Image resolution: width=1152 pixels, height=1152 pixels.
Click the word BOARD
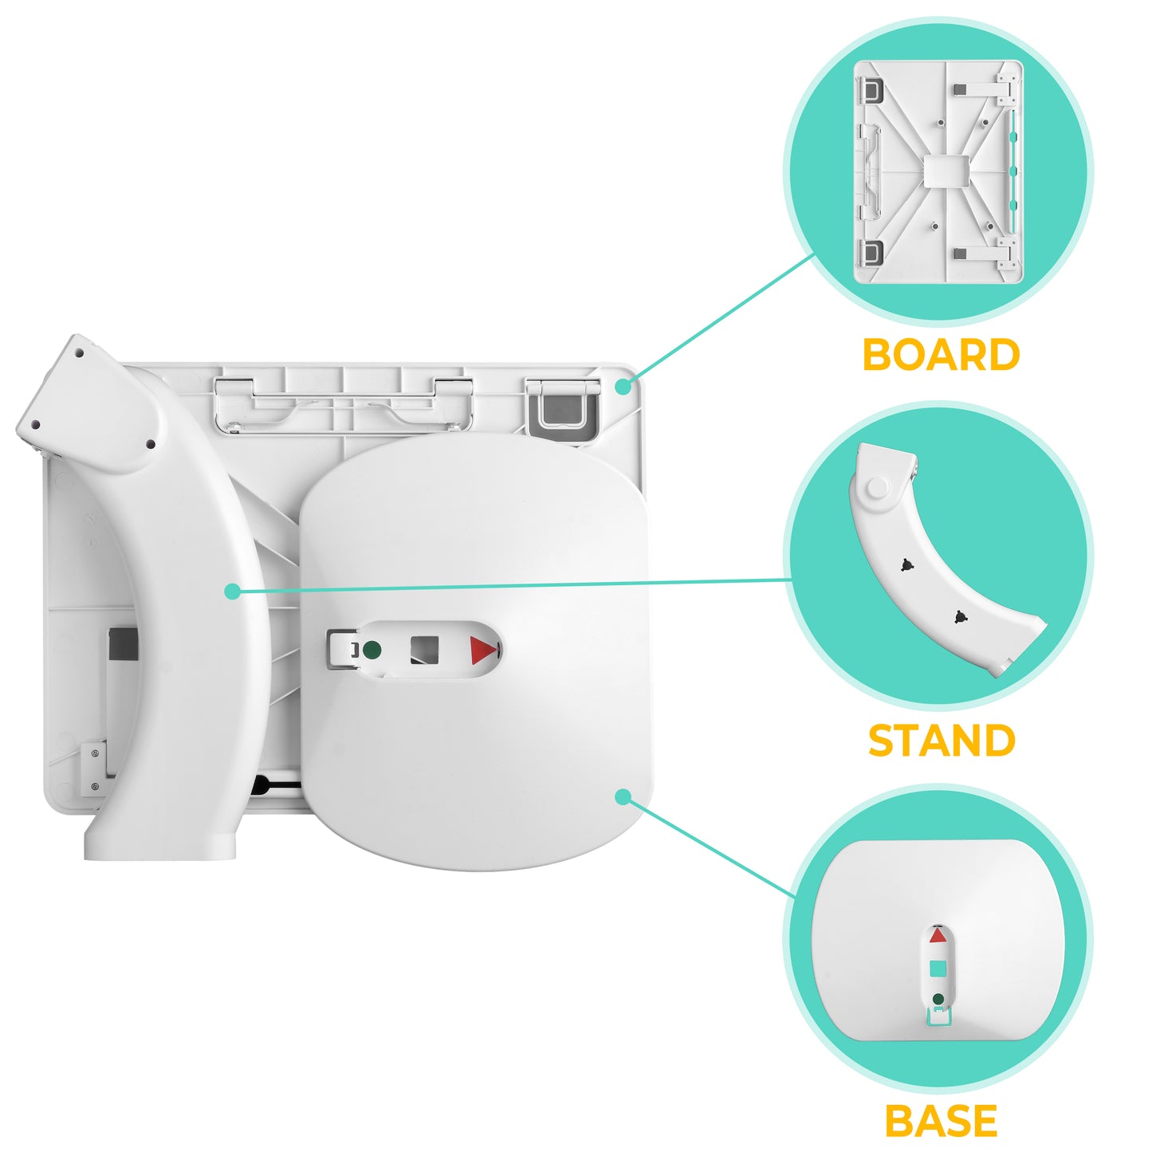pyautogui.click(x=941, y=355)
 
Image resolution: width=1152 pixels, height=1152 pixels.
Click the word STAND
pyautogui.click(x=942, y=740)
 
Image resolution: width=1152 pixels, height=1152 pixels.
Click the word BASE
pyautogui.click(x=941, y=1120)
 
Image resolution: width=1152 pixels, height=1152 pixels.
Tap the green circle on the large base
pyautogui.click(x=372, y=649)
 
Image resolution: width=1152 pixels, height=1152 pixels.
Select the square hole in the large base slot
pyautogui.click(x=424, y=650)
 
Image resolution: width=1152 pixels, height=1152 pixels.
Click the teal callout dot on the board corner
pyautogui.click(x=623, y=387)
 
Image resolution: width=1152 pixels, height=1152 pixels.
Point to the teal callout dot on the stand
pyautogui.click(x=233, y=592)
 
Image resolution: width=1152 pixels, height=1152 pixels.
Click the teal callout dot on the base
pyautogui.click(x=623, y=796)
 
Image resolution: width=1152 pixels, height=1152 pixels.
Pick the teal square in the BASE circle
pyautogui.click(x=938, y=968)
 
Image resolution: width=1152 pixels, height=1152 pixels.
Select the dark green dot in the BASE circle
pyautogui.click(x=938, y=999)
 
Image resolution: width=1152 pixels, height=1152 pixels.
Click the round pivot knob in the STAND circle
pyautogui.click(x=877, y=488)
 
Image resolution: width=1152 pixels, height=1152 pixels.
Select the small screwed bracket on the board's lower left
pyautogui.click(x=94, y=770)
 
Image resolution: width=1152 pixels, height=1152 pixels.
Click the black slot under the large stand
pyautogui.click(x=276, y=785)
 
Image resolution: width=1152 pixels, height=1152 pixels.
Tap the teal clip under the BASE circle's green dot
pyautogui.click(x=938, y=1017)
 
